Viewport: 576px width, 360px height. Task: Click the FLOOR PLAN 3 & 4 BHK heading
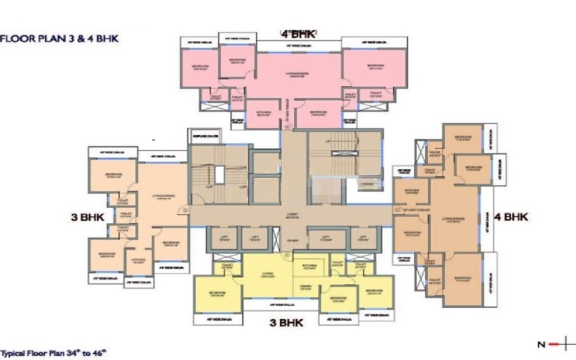coord(60,38)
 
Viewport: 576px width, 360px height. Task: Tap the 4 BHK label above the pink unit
coord(298,34)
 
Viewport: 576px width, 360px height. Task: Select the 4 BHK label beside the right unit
coord(511,217)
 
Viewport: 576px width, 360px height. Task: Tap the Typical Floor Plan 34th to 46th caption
coord(53,354)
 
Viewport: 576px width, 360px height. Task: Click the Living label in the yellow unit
coord(267,274)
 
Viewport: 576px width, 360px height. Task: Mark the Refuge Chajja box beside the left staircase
coord(204,136)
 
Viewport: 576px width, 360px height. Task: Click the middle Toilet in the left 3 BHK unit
coord(126,214)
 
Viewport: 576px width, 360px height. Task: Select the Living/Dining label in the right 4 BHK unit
coord(454,219)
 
